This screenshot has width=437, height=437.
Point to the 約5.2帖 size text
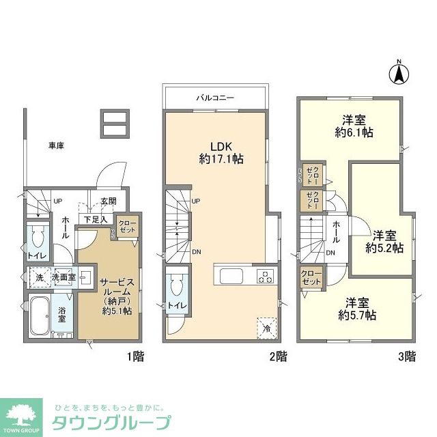pyautogui.click(x=384, y=248)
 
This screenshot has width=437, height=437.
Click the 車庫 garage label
pyautogui.click(x=57, y=145)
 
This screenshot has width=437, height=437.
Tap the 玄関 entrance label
pyautogui.click(x=109, y=201)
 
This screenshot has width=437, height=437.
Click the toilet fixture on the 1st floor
pyautogui.click(x=38, y=238)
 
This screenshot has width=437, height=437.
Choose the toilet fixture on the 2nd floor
pyautogui.click(x=176, y=285)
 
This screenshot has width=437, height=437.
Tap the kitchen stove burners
pyautogui.click(x=264, y=276)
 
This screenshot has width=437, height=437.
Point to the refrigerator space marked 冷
pyautogui.click(x=266, y=327)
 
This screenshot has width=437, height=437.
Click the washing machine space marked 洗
pyautogui.click(x=39, y=279)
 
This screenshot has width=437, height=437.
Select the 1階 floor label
pyautogui.click(x=135, y=356)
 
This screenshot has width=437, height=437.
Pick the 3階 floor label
pyautogui.click(x=407, y=356)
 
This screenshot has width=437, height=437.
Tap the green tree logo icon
pyautogui.click(x=23, y=413)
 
